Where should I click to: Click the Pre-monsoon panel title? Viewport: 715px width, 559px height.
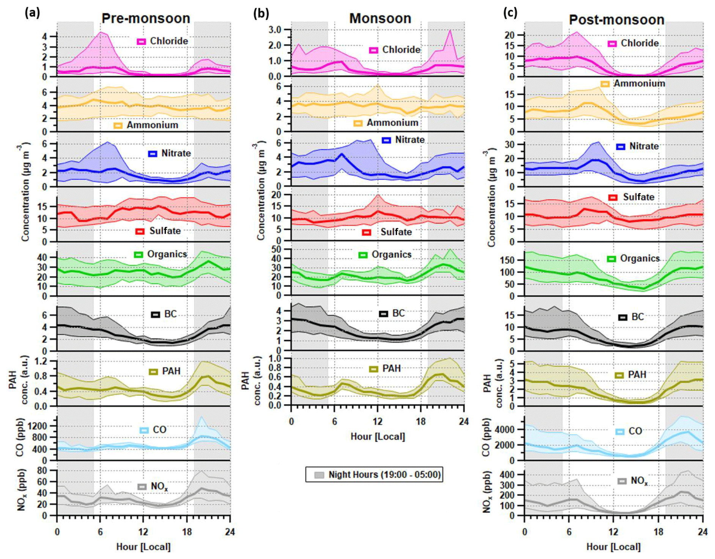click(x=146, y=18)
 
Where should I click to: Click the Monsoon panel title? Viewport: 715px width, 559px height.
click(x=380, y=18)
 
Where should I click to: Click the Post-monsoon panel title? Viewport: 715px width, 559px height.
click(x=616, y=20)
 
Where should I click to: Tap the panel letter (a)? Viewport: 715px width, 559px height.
click(x=32, y=13)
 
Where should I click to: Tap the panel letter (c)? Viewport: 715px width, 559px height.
click(x=510, y=13)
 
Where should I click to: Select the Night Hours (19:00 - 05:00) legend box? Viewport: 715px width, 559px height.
click(x=374, y=474)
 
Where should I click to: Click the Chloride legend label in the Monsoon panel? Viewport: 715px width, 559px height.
click(x=401, y=50)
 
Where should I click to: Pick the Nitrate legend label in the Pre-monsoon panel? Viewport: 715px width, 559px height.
click(x=176, y=153)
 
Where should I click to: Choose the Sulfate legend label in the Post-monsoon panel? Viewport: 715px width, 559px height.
click(x=638, y=197)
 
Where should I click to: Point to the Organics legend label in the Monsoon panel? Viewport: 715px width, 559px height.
click(x=391, y=255)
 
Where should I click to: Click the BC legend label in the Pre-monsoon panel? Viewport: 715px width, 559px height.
click(x=170, y=314)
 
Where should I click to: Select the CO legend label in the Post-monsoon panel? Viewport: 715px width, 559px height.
click(x=635, y=431)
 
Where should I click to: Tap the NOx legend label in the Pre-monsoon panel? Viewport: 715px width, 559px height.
click(x=159, y=487)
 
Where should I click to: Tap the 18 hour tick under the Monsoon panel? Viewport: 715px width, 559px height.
click(x=420, y=422)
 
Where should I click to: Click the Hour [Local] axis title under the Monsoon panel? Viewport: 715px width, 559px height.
click(x=378, y=436)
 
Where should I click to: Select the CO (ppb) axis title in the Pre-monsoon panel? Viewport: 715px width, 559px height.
click(x=20, y=437)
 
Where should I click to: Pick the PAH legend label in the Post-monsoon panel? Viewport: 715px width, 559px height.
click(x=637, y=375)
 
